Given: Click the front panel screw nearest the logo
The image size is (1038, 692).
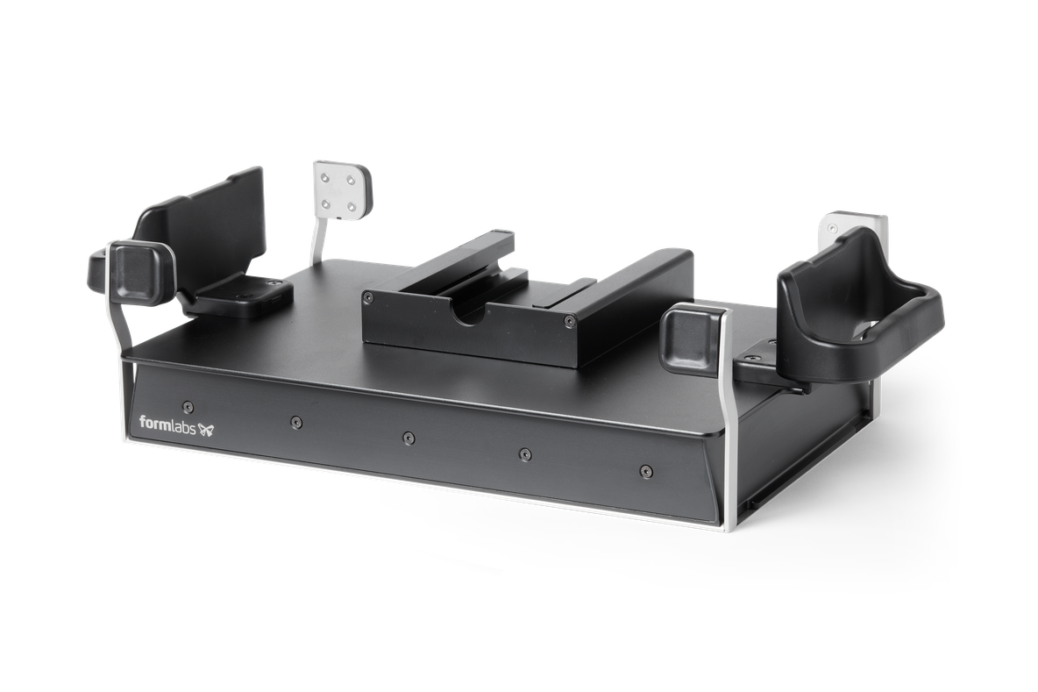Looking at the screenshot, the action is [188, 405].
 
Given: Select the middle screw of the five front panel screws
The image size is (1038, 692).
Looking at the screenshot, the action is [409, 438].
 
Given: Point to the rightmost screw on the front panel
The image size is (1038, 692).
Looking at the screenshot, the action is [643, 471].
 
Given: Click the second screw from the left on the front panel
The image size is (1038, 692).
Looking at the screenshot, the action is [295, 421].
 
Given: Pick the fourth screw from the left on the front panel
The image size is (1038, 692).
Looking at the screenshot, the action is [525, 454].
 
